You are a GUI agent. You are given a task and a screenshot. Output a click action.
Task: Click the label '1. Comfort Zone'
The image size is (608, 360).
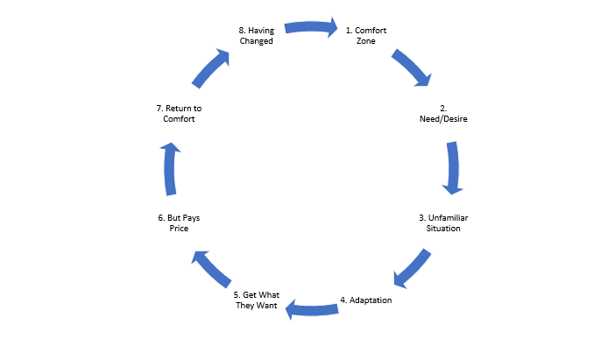(x=366, y=36)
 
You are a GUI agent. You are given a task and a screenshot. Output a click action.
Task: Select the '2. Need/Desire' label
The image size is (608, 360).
(x=443, y=114)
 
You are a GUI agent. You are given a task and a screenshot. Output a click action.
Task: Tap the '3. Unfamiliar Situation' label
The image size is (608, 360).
(x=443, y=223)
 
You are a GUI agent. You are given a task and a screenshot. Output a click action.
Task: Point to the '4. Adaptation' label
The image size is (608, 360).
(x=366, y=300)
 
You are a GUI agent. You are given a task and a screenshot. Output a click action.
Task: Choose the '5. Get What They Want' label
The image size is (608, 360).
(x=257, y=300)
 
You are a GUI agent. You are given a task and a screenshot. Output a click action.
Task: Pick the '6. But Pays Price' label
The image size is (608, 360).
(x=179, y=223)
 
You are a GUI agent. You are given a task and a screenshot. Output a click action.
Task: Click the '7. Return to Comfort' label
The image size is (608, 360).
(x=179, y=114)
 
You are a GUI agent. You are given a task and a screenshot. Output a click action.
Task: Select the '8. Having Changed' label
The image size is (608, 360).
(x=257, y=36)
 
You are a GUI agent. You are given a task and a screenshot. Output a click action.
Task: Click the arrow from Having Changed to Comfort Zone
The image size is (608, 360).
(x=311, y=27)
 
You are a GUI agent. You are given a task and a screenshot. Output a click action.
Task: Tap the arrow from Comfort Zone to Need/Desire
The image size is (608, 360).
(x=413, y=67)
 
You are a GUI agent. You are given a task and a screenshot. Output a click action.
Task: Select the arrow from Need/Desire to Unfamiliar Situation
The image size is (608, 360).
(x=453, y=168)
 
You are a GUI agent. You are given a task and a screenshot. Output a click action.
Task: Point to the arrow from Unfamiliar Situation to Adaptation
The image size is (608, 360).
(x=412, y=269)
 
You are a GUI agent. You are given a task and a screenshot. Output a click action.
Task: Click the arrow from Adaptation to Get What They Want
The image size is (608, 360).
(x=311, y=309)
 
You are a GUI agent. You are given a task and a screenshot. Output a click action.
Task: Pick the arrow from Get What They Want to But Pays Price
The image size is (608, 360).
(x=211, y=269)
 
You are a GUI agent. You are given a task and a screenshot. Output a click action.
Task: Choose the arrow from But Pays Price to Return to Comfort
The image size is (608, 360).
(x=170, y=169)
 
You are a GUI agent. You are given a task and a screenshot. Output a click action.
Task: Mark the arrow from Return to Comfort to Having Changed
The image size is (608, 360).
(x=210, y=68)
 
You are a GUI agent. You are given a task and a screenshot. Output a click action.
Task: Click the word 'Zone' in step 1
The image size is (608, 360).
(x=366, y=41)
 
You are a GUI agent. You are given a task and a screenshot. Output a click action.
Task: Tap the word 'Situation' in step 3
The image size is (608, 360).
(x=443, y=229)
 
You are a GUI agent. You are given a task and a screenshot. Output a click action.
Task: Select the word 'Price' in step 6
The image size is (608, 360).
(x=179, y=229)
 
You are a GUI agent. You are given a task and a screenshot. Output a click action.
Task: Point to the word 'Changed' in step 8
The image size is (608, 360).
(x=257, y=41)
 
